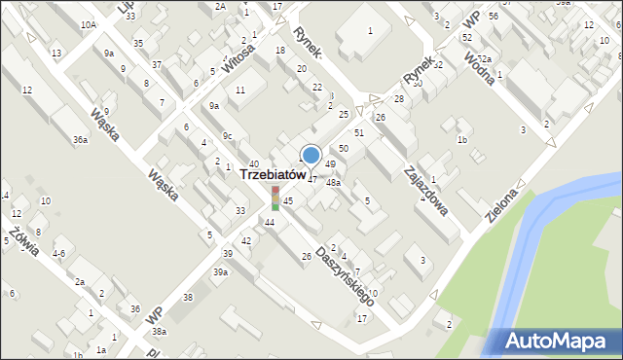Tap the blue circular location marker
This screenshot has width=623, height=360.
(311, 155)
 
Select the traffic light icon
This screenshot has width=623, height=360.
(275, 198)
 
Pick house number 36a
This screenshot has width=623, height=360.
(80, 140)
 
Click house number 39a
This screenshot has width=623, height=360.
(221, 272)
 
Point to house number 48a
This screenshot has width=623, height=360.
(333, 182)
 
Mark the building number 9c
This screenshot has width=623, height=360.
(227, 135)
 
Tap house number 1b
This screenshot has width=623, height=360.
(462, 140)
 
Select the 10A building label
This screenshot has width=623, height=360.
(89, 23)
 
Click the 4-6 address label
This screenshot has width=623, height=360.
(59, 253)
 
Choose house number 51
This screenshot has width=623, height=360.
(358, 132)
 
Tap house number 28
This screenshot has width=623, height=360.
(398, 99)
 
